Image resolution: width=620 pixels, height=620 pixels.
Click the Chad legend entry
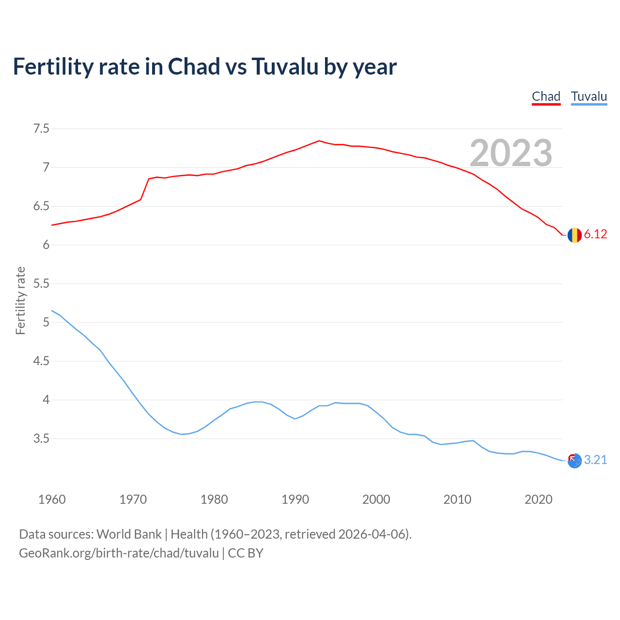point(546,96)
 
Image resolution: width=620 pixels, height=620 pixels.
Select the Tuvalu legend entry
point(589,96)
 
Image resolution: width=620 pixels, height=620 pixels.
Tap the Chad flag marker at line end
point(574,235)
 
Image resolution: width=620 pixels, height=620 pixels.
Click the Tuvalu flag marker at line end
point(574,461)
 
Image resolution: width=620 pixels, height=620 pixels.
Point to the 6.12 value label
point(595,234)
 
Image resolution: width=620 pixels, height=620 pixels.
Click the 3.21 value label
point(595,460)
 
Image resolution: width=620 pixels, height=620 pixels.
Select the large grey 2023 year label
point(511,153)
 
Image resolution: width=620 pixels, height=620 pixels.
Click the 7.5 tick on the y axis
point(41,129)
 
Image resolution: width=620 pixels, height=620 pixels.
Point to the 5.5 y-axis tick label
point(41,284)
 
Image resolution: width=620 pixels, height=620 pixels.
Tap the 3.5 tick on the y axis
point(41,439)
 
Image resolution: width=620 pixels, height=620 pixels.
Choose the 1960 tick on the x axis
point(52,499)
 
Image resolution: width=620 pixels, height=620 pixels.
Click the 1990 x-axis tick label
point(295,499)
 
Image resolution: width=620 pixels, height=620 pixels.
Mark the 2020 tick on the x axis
point(538,499)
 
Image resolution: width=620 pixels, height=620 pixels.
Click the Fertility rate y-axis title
point(20,300)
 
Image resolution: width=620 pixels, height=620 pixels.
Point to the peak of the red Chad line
point(319,141)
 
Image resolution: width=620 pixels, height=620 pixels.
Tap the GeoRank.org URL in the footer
point(119,553)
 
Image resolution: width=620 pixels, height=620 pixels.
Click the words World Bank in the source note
point(129,534)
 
